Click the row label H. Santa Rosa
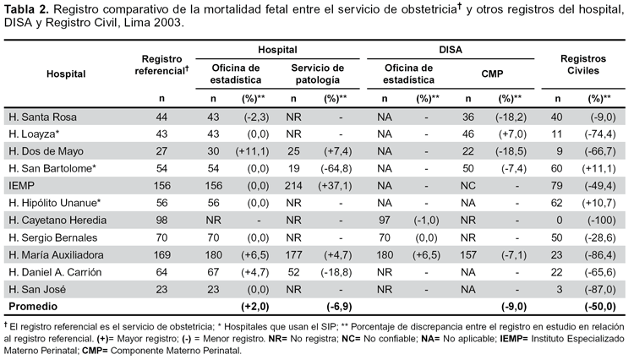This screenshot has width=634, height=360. (42, 117)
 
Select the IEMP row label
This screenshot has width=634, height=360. (21, 186)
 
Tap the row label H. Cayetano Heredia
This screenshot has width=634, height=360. (57, 221)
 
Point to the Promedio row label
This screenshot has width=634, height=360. (33, 306)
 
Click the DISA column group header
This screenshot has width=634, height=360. (451, 50)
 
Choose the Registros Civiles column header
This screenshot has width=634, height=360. (583, 64)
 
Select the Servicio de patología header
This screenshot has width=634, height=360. (317, 74)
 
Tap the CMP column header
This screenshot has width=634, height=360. (492, 74)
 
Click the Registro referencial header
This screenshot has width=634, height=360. (161, 65)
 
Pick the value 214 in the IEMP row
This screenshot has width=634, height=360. (293, 186)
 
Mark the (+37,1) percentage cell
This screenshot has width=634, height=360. (335, 186)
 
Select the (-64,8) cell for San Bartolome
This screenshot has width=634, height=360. (336, 168)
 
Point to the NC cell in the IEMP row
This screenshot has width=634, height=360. (467, 186)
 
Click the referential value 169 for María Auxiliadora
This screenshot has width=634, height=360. (161, 255)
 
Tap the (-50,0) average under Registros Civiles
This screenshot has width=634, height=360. (600, 306)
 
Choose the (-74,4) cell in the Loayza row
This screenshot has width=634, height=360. (600, 134)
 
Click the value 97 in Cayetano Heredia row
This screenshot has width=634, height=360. (384, 221)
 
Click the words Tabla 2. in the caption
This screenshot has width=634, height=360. (25, 9)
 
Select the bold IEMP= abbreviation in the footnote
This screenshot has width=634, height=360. (514, 339)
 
